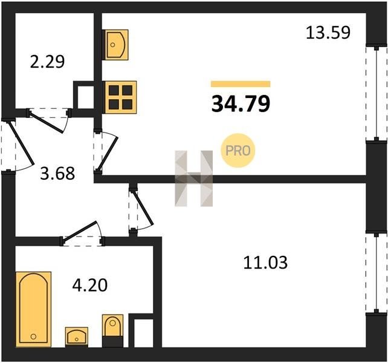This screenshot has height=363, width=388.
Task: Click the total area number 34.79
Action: coord(241,104)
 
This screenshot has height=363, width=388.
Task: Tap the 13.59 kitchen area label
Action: coord(328,33)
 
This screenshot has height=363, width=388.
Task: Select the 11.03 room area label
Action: coord(265,263)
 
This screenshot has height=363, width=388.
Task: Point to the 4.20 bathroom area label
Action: coord(90,285)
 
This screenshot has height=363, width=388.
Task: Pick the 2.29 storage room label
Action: coord(47,62)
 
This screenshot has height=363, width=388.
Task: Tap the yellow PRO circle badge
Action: coord(238,151)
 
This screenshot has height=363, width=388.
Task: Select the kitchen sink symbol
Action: coord(116,45)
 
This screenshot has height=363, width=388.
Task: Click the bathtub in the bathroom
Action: coord(34,310)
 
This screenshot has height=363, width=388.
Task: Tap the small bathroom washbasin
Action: coord(77,337)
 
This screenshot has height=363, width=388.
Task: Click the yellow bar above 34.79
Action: coord(241,84)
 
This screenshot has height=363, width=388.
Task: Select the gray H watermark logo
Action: coord(194,178)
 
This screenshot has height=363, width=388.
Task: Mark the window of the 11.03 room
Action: coord(377,273)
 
